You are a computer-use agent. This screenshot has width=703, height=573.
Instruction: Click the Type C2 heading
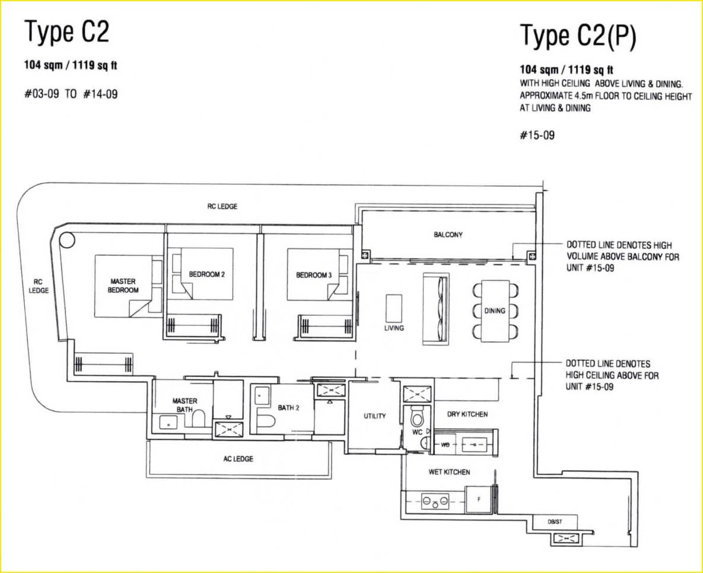(67, 32)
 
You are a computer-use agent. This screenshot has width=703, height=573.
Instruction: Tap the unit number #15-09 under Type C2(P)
(537, 135)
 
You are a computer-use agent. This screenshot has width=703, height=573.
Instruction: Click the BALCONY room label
(448, 235)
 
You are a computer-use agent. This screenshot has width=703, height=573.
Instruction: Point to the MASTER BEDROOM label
(123, 286)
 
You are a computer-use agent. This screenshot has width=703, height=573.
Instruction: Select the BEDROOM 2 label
(206, 274)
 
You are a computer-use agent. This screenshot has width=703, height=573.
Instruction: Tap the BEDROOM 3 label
(314, 275)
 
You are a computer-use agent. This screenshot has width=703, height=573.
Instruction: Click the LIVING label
(394, 328)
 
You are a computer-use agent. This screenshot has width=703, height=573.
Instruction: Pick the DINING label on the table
(495, 311)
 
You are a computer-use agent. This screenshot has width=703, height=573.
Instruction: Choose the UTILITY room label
(375, 416)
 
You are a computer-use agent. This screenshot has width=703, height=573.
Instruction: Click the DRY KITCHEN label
(467, 414)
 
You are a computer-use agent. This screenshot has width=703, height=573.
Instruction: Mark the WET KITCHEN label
(449, 472)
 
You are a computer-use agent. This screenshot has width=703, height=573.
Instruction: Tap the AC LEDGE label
(238, 458)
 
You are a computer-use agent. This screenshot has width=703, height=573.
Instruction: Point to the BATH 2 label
(288, 408)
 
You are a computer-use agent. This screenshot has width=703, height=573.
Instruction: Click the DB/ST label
(555, 522)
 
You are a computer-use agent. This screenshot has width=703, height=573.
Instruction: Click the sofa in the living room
(435, 309)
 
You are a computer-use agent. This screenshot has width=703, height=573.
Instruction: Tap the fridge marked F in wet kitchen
(479, 499)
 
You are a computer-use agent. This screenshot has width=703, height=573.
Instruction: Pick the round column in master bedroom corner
(67, 240)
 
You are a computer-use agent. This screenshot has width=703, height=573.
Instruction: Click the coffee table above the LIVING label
(394, 308)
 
